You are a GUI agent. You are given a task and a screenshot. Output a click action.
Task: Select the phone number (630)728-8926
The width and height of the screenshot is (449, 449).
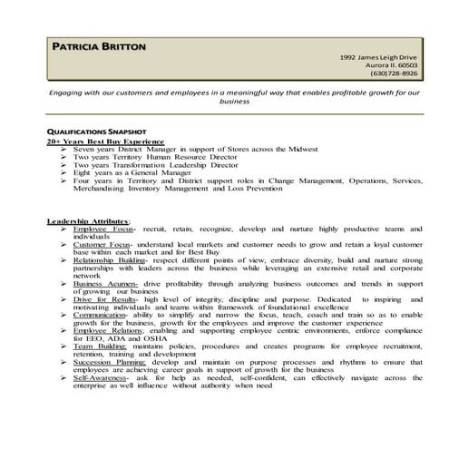(x=391, y=74)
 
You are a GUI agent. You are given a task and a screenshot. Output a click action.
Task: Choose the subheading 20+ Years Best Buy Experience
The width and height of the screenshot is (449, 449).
(x=105, y=142)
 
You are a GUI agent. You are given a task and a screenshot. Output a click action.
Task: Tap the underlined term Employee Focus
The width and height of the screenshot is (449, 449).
(x=103, y=231)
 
